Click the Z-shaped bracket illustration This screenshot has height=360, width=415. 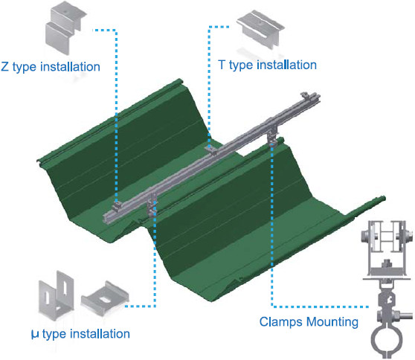point(65,27)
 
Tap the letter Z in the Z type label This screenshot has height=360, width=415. point(4,66)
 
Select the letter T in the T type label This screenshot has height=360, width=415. point(222,65)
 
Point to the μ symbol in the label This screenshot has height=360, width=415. point(35,334)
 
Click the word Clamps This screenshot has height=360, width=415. point(281,322)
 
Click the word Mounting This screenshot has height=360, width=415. point(332,322)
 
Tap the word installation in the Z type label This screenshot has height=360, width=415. point(70,66)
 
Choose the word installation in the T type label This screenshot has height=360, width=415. point(287,65)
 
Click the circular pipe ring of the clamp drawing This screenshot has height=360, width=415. point(387,341)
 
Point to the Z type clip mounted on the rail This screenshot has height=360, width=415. point(117,206)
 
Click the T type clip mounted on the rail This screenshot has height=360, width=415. point(212,150)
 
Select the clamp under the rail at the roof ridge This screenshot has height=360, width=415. point(272,137)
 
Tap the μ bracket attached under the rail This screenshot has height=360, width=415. point(152,205)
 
